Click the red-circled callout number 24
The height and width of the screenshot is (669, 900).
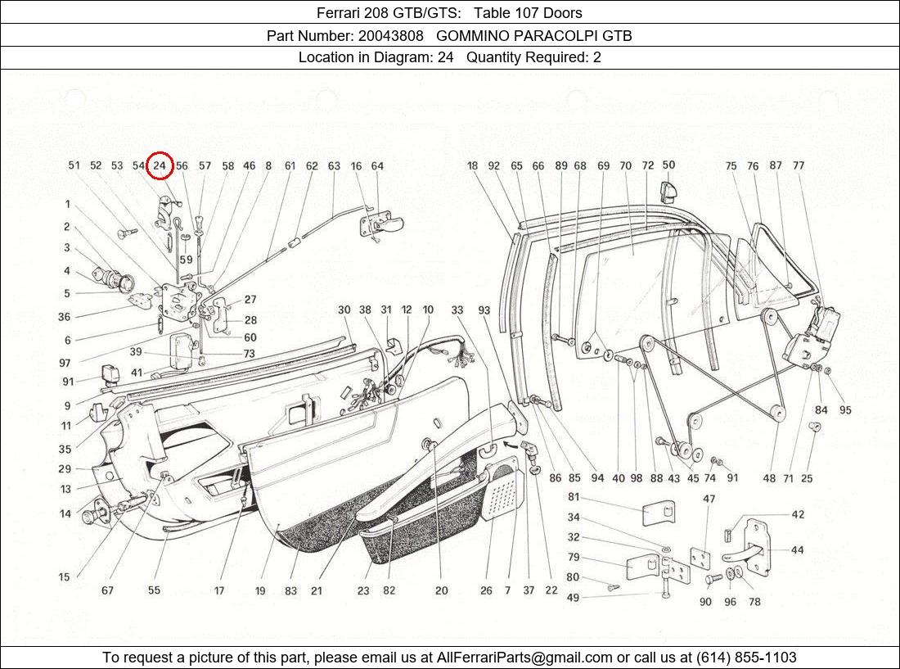(160, 165)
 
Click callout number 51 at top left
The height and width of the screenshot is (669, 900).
(74, 165)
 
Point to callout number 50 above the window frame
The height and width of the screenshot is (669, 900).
(668, 165)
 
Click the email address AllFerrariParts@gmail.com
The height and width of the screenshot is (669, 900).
(524, 657)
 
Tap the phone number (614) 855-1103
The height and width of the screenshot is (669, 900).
(745, 657)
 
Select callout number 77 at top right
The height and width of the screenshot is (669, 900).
(799, 165)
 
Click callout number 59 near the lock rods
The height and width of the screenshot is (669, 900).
(187, 260)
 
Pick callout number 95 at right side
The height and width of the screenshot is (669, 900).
(845, 410)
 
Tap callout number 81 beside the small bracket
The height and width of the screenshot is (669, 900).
(574, 497)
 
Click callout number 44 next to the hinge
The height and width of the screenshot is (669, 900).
(797, 550)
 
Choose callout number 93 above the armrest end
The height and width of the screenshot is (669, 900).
(484, 310)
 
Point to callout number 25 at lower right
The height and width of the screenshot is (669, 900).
(807, 478)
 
